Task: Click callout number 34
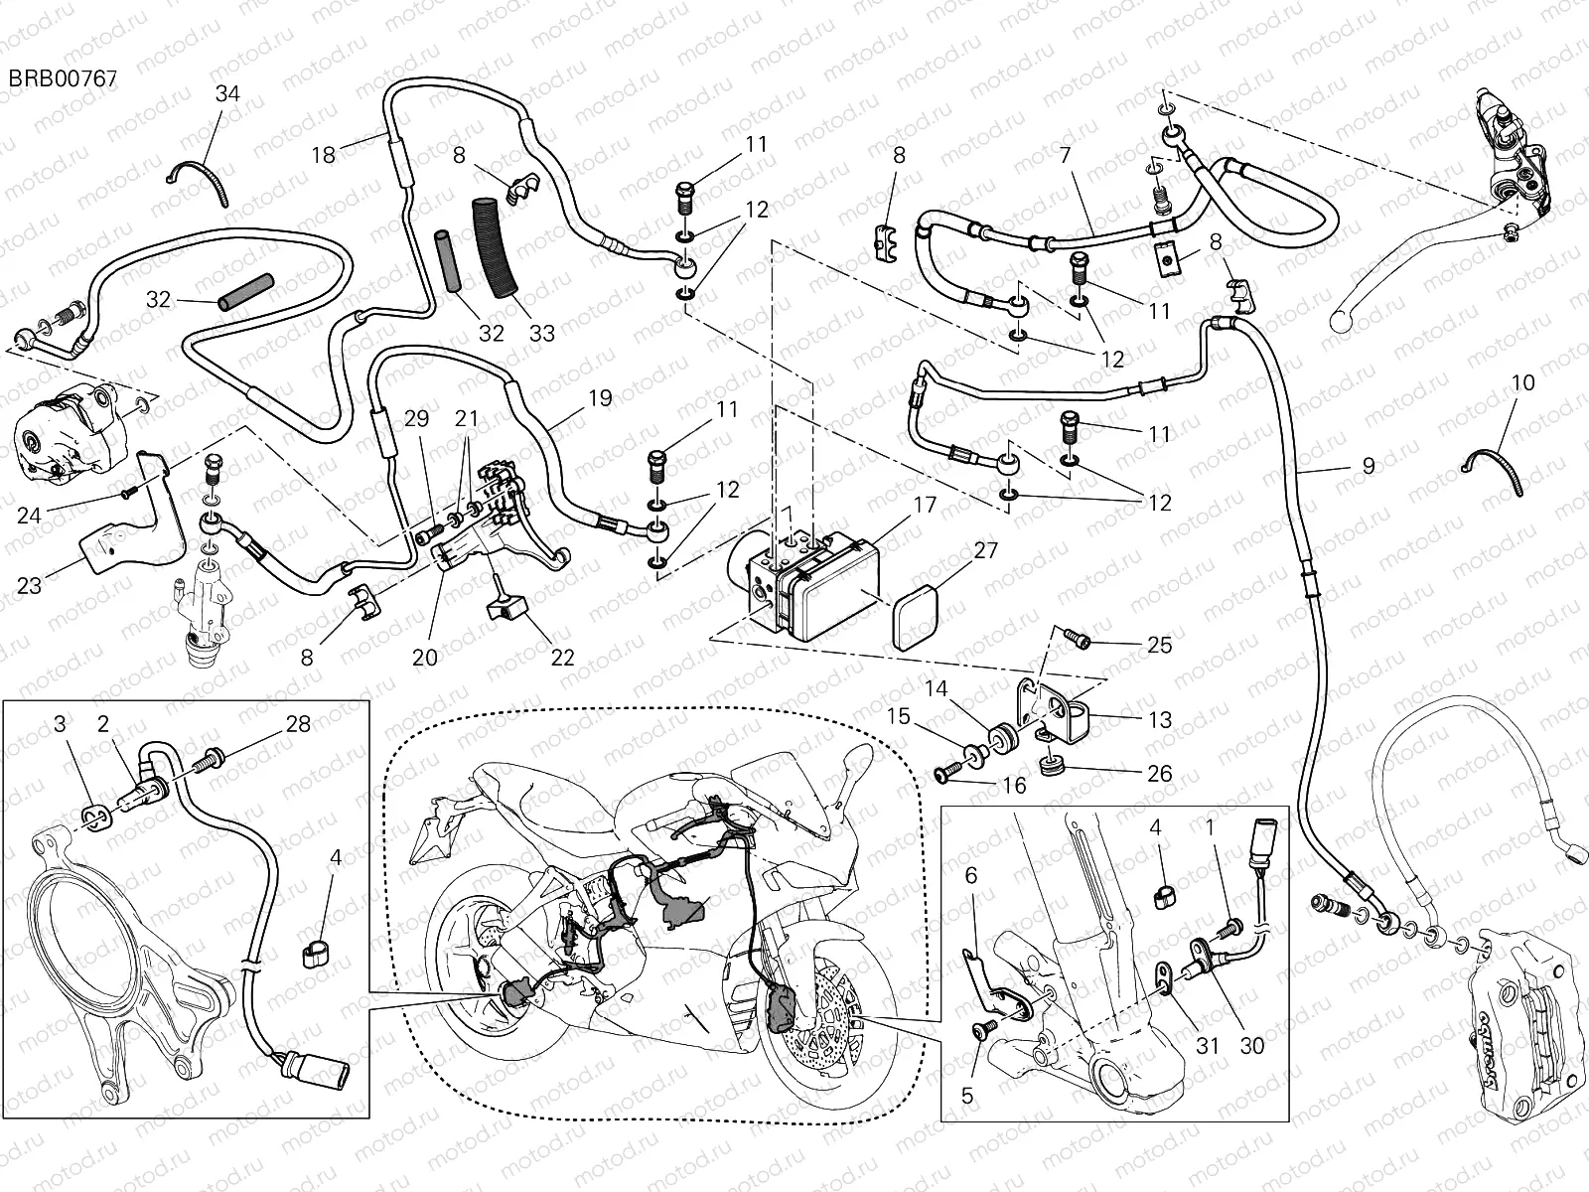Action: [x=227, y=94]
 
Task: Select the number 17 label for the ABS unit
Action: [x=925, y=506]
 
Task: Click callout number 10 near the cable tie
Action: [x=1522, y=383]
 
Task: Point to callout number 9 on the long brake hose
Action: [x=1368, y=464]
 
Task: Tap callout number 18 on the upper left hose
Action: [x=324, y=155]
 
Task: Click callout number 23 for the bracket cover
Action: [x=30, y=585]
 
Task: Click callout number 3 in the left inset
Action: [x=60, y=724]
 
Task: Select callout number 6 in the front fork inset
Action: [x=971, y=875]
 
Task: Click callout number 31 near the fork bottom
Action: [x=1207, y=1045]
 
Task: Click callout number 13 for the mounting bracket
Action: [x=1159, y=719]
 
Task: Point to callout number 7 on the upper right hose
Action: [x=1065, y=156]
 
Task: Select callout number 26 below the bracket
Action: [x=1158, y=773]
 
